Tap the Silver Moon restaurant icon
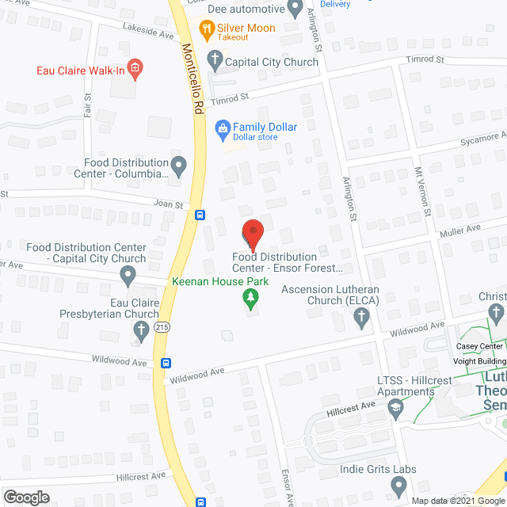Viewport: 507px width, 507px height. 207,30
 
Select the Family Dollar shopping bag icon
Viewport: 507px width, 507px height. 223,128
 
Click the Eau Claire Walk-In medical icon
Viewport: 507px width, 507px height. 135,70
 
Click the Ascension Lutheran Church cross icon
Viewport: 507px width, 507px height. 361,318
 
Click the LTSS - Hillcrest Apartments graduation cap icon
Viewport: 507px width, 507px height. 395,407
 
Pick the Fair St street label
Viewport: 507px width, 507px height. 87,105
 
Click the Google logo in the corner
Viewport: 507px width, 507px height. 25,497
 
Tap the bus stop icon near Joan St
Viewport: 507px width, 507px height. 200,215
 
